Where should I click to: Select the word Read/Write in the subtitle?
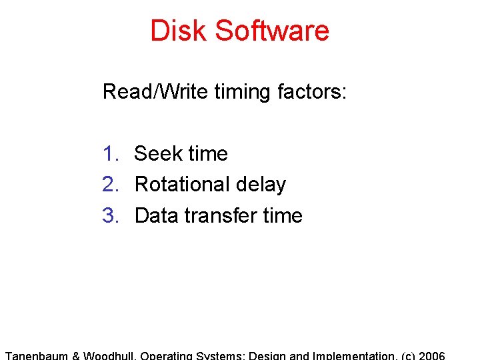155,91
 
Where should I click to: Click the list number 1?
111,153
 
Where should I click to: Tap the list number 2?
111,184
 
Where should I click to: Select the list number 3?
111,215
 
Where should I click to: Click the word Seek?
158,153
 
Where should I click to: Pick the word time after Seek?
207,153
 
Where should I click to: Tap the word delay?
261,185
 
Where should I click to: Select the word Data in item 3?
156,215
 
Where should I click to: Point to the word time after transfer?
282,215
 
